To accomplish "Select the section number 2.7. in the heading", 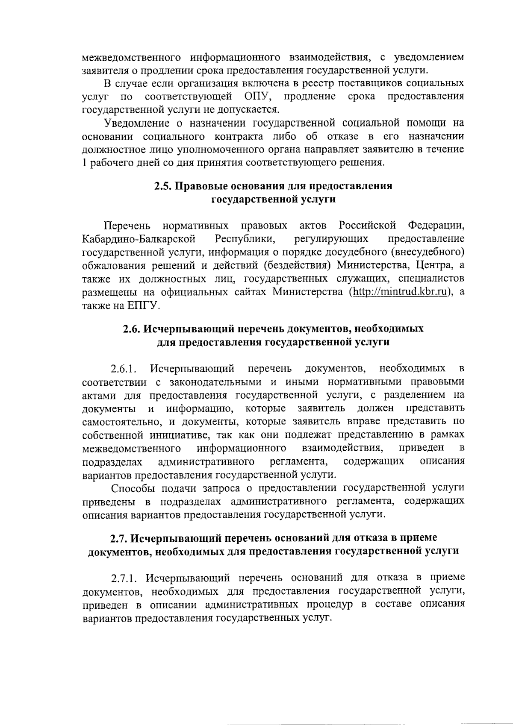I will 120,537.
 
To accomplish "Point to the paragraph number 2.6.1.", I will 124,369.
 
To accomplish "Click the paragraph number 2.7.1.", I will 124,578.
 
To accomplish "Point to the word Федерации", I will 436,225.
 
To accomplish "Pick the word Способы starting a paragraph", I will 133,488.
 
